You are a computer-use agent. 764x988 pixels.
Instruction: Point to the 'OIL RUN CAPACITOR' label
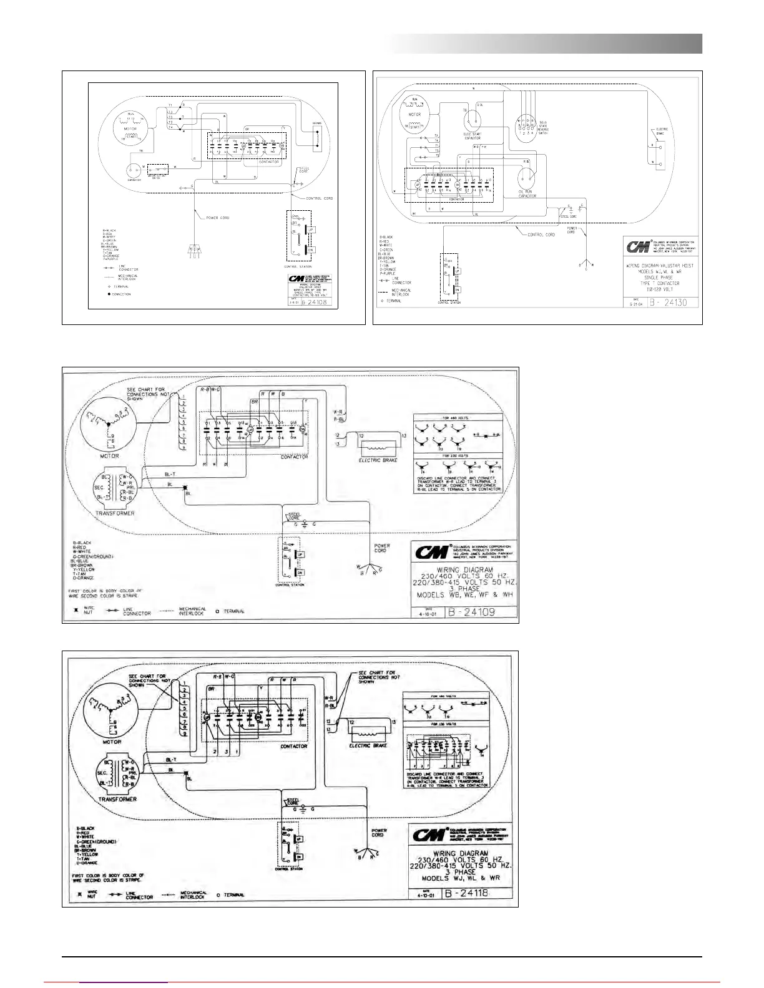[x=527, y=193]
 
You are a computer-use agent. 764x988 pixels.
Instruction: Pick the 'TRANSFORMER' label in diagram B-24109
[x=115, y=513]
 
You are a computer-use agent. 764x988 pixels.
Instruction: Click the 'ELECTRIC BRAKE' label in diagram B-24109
[x=378, y=460]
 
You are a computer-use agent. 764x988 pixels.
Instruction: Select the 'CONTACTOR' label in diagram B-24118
[x=293, y=746]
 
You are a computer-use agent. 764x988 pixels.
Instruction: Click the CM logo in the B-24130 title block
[x=639, y=248]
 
